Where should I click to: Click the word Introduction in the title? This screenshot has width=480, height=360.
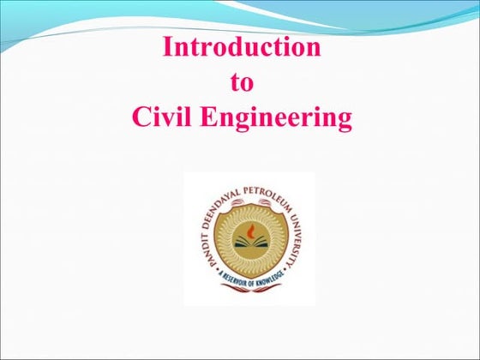242,46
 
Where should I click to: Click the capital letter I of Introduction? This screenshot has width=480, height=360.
168,46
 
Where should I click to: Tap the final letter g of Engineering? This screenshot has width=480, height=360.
344,121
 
